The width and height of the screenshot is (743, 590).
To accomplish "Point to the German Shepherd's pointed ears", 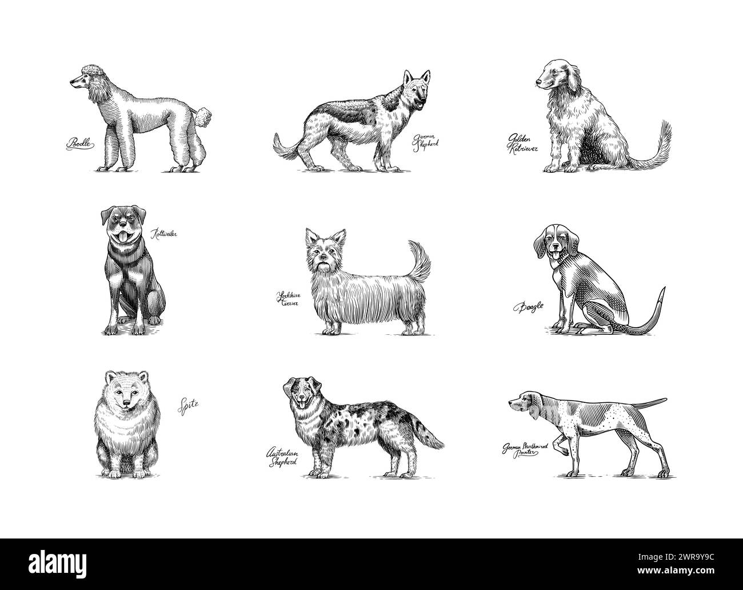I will [416, 78].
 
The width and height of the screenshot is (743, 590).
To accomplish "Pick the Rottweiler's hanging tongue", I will [121, 238].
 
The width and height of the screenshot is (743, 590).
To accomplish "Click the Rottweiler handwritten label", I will [163, 233].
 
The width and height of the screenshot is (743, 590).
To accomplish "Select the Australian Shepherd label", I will [282, 458].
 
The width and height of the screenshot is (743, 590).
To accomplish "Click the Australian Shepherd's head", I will [298, 394].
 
